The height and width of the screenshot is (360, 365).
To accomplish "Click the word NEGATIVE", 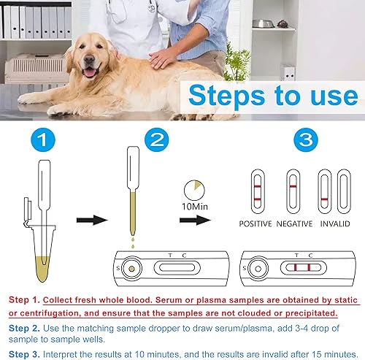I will coord(294,223).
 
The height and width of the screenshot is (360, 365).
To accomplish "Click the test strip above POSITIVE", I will coord(255,191).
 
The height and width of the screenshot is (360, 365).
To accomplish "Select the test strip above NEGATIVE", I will coord(293,191).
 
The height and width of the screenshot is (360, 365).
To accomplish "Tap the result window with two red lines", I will coord(302,268).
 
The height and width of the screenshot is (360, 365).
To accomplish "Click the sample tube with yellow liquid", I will coord(43,219).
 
